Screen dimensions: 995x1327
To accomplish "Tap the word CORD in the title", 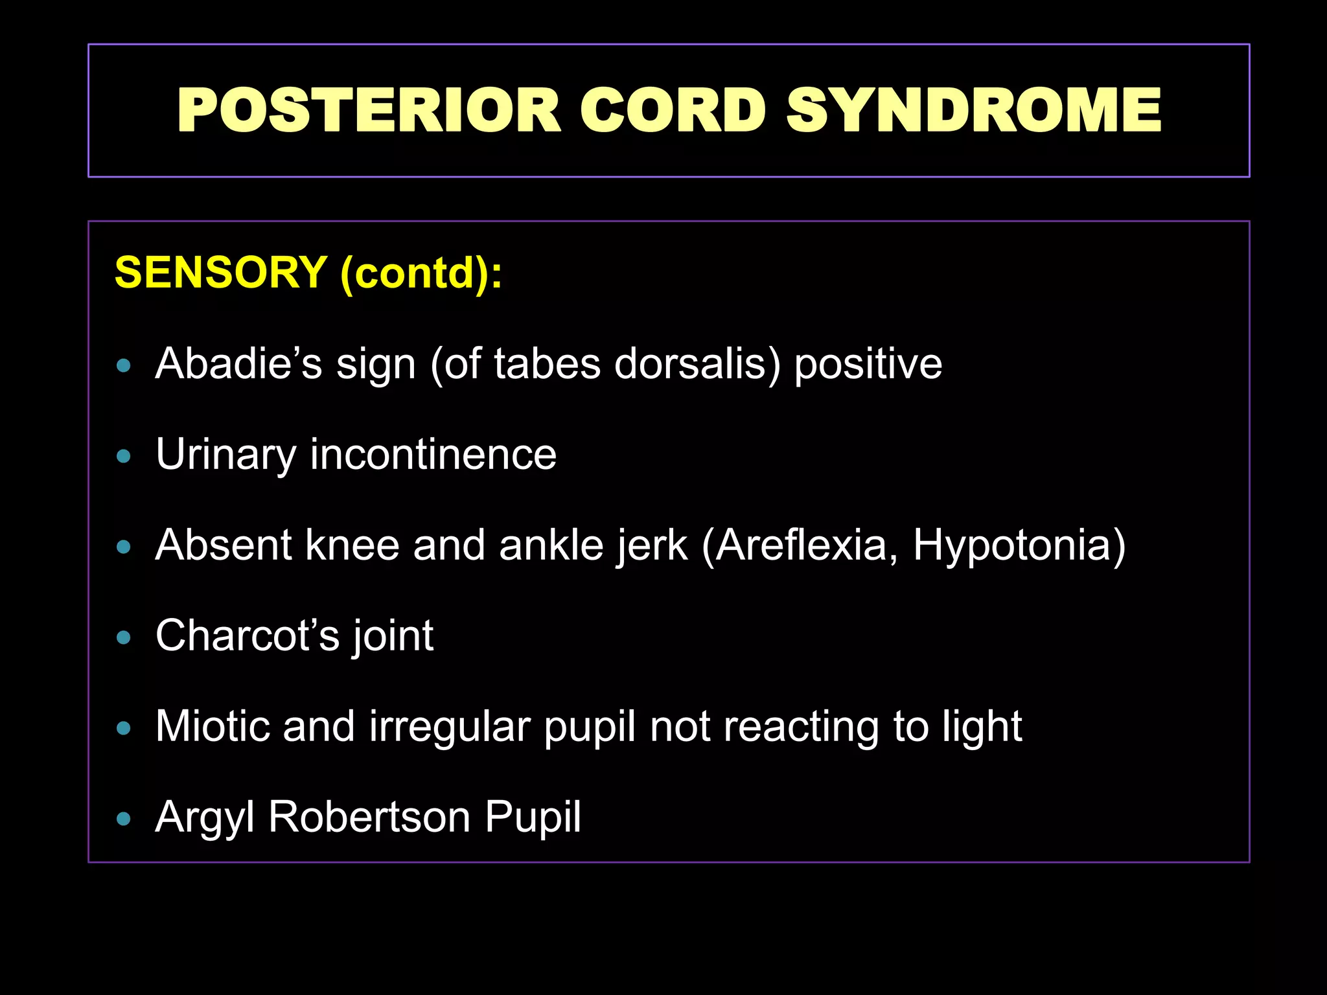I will (x=673, y=111).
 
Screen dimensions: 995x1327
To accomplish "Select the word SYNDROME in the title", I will (x=973, y=111).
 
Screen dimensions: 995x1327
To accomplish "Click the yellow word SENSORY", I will (x=220, y=272).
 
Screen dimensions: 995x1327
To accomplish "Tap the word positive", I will (x=868, y=365).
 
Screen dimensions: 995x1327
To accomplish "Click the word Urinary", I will (x=225, y=455).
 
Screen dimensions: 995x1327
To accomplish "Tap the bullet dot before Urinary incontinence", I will (x=123, y=457).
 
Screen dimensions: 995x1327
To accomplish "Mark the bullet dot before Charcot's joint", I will (x=123, y=638).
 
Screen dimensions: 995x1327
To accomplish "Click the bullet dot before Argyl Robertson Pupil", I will (x=123, y=819).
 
